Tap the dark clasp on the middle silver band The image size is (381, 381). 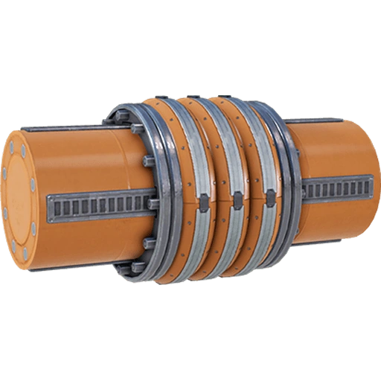pos(237,199)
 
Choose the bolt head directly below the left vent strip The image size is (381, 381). pos(150,242)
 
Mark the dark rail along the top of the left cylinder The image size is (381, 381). pos(74,128)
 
